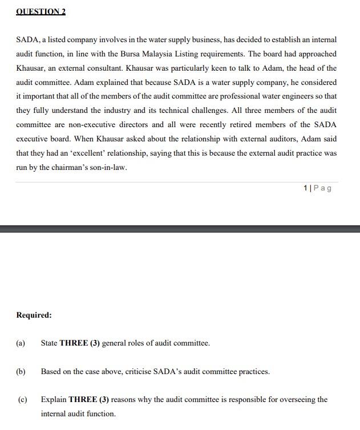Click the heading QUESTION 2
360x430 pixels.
41,11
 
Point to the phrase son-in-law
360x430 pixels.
108,168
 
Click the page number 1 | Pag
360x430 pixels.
317,188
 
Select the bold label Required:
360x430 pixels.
34,315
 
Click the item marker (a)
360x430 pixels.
21,343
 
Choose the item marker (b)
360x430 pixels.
21,372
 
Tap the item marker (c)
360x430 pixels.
23,400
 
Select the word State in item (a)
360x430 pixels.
49,343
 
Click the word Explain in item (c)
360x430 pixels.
54,400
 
